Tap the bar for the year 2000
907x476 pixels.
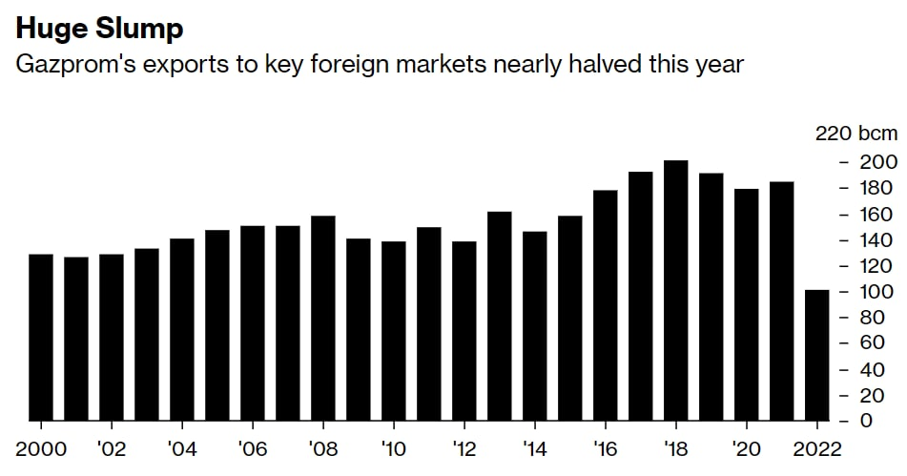point(41,338)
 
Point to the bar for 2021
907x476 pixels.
point(781,301)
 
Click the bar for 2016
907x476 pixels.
point(605,305)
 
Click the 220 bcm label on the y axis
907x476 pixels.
point(855,134)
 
